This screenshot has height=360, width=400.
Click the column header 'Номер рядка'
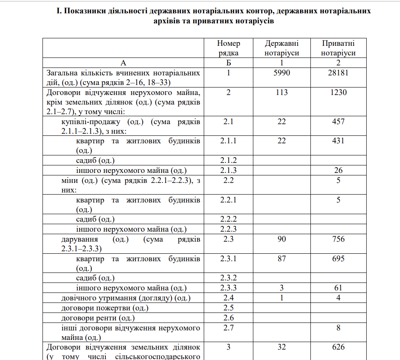pyautogui.click(x=229, y=48)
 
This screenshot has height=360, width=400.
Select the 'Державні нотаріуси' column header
pyautogui.click(x=282, y=48)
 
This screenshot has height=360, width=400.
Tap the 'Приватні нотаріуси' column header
pyautogui.click(x=338, y=48)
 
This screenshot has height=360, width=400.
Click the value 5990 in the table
pyautogui.click(x=282, y=72)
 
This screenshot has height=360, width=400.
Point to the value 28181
pyautogui.click(x=338, y=72)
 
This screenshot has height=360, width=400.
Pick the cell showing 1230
pyautogui.click(x=338, y=92)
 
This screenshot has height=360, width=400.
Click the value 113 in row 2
pyautogui.click(x=282, y=92)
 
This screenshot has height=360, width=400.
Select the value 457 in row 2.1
pyautogui.click(x=338, y=122)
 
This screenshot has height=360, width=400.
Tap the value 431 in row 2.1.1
pyautogui.click(x=338, y=141)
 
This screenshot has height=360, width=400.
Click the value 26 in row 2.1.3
pyautogui.click(x=338, y=170)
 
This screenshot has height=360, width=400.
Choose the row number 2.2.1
pyautogui.click(x=229, y=200)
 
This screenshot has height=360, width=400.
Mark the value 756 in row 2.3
pyautogui.click(x=338, y=239)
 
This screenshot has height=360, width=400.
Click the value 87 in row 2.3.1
pyautogui.click(x=282, y=259)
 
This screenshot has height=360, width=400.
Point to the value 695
pyautogui.click(x=338, y=259)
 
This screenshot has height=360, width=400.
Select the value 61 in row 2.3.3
pyautogui.click(x=338, y=288)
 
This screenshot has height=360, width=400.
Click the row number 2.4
pyautogui.click(x=229, y=298)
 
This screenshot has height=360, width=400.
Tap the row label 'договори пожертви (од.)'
pyautogui.click(x=105, y=308)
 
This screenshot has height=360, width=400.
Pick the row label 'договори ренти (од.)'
pyautogui.click(x=98, y=318)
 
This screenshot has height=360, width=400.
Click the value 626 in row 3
pyautogui.click(x=338, y=347)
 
